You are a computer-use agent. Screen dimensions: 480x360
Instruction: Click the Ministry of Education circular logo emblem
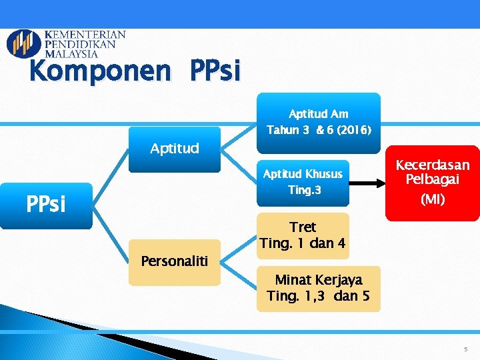23,43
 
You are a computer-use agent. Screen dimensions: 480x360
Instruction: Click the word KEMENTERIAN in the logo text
85,35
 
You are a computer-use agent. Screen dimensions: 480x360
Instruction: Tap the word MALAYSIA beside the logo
71,54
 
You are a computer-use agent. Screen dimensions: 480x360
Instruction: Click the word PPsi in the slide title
215,71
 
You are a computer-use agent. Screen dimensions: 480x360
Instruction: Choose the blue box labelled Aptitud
174,149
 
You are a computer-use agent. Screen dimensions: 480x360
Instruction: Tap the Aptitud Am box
318,121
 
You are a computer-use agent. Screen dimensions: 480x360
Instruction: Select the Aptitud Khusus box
303,182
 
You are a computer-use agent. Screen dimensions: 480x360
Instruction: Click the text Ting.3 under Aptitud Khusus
304,190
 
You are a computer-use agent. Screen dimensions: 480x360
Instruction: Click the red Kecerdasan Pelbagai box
432,183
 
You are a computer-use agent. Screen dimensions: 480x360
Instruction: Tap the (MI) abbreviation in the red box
433,199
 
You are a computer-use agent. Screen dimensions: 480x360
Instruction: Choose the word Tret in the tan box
303,227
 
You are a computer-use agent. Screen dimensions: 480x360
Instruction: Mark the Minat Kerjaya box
318,288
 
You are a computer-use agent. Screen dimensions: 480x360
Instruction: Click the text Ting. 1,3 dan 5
318,296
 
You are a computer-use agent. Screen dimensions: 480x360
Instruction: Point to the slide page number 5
467,349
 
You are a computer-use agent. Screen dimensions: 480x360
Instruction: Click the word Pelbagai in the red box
433,179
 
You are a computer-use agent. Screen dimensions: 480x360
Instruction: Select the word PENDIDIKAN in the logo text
81,45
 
